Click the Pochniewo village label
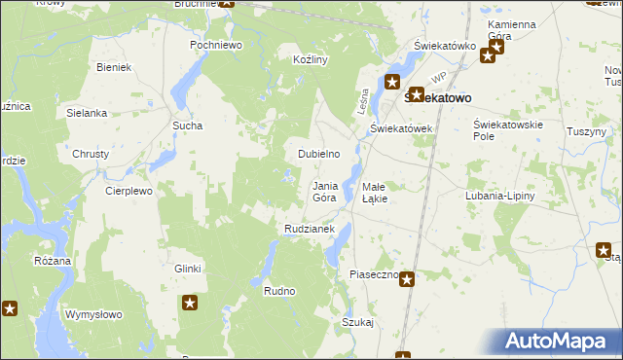pos(216,46)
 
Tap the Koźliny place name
pos(311,59)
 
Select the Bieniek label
pos(115,67)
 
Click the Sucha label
pos(187,126)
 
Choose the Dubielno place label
pos(318,154)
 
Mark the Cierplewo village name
pos(129,192)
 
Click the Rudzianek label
pos(310,229)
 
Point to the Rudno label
pos(279,291)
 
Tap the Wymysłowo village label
pos(92,314)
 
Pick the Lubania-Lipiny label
pos(500,196)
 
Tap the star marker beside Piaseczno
pos(407,280)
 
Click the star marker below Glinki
pos(190,305)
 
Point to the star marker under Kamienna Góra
pos(488,55)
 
